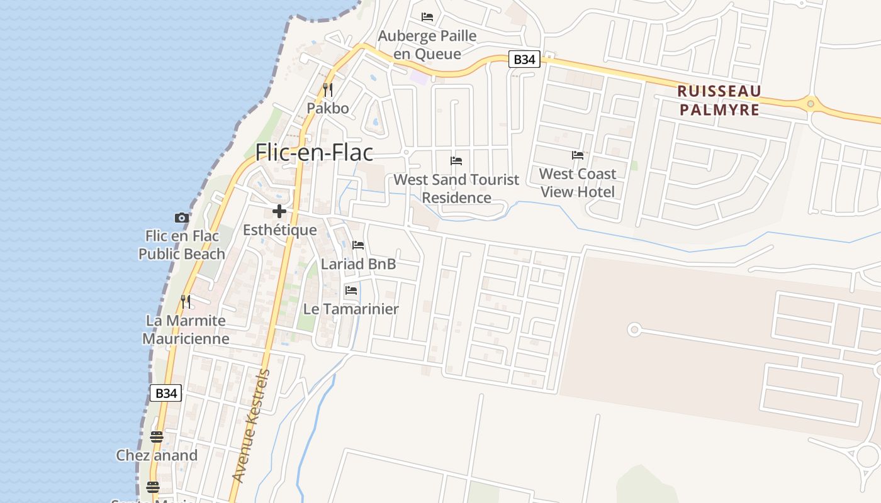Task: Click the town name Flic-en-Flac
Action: point(314,153)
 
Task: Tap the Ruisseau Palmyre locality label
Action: point(719,101)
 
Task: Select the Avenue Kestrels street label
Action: point(251,426)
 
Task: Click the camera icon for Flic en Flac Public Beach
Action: point(182,218)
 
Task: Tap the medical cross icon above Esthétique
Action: point(279,211)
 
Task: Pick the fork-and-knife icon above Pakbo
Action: point(327,90)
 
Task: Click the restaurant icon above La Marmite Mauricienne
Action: point(186,302)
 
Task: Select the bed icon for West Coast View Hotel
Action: point(578,155)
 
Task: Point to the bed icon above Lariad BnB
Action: point(358,245)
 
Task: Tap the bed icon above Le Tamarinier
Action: point(351,290)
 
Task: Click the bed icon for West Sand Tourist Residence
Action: point(456,161)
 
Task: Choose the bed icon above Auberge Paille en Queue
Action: point(427,17)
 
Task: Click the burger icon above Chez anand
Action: point(157,436)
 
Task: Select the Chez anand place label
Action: point(157,455)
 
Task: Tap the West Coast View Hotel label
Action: point(578,182)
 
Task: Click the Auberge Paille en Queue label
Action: point(427,45)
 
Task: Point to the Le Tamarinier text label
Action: point(351,309)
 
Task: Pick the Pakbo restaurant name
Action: point(327,108)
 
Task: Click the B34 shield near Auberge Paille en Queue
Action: point(524,59)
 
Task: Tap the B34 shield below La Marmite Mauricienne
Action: point(166,393)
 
